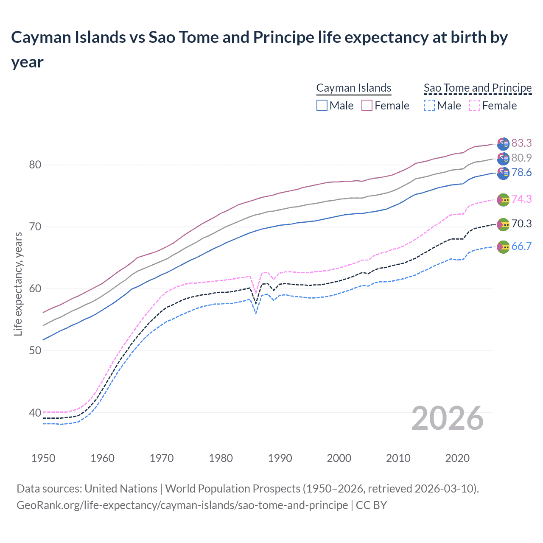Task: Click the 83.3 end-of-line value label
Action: coord(521,143)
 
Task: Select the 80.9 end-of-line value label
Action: coord(521,158)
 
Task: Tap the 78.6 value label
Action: coord(521,173)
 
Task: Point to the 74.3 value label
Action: coord(521,199)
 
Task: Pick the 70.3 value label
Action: coord(521,224)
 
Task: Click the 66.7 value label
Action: coord(521,246)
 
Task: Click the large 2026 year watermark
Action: coord(448,419)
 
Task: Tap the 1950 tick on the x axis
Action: coord(43,459)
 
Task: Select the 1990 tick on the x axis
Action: coord(280,459)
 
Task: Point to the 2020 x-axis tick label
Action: coord(457,459)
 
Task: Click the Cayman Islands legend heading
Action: coord(354,88)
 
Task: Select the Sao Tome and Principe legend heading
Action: coord(478,88)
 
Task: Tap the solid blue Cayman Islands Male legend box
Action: coord(322,106)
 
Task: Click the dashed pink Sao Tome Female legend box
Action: coord(475,106)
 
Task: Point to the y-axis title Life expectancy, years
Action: coord(18,284)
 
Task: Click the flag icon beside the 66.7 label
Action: coord(503,247)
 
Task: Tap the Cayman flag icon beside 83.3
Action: coord(503,144)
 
